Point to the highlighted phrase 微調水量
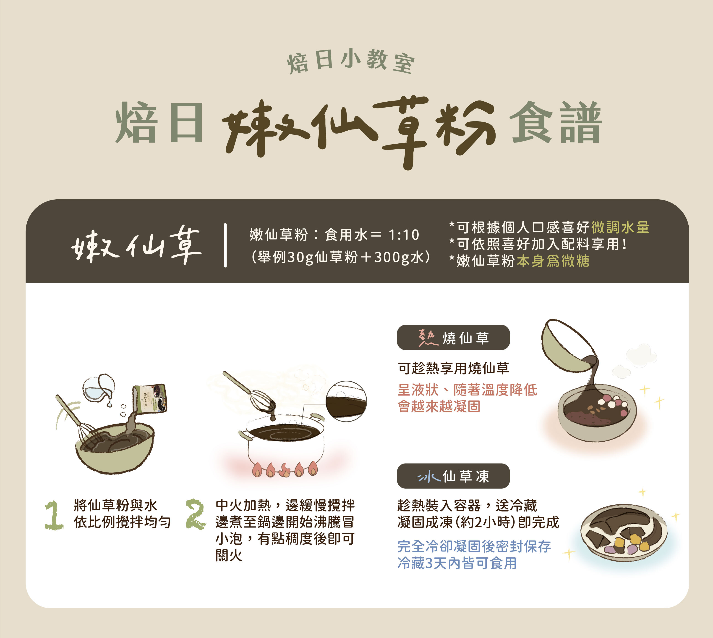[x=620, y=227]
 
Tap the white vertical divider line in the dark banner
[x=225, y=245]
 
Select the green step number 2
[x=195, y=514]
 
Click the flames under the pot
[x=284, y=469]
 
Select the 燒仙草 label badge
[x=453, y=337]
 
